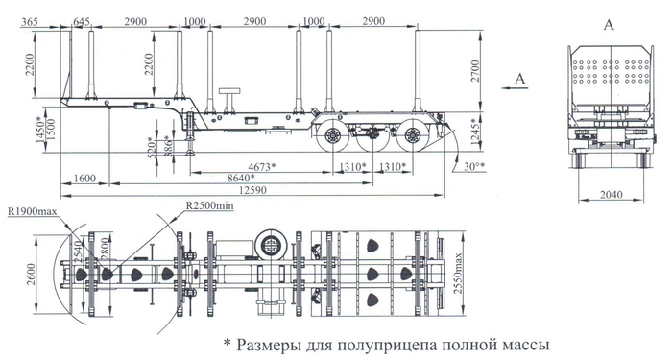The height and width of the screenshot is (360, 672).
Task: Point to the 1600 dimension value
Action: tap(84, 180)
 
